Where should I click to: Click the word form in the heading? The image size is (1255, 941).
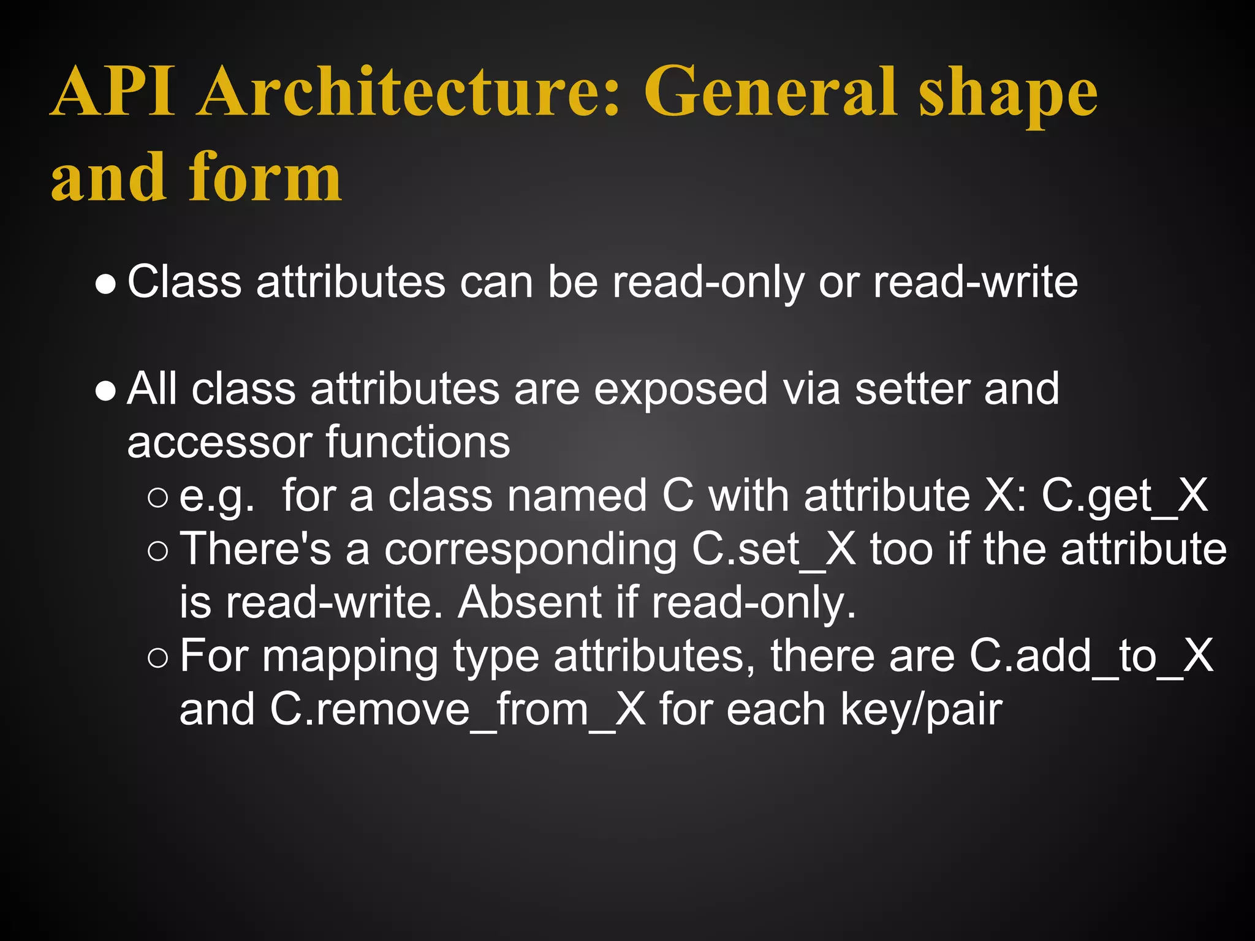[x=265, y=178]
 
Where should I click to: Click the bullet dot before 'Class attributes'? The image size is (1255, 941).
[x=106, y=284]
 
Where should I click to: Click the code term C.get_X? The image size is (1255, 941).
[x=1125, y=496]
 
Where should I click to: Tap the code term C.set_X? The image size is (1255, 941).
[x=774, y=550]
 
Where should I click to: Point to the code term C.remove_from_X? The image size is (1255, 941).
[x=458, y=710]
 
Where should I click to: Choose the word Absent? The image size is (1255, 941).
[x=531, y=603]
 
